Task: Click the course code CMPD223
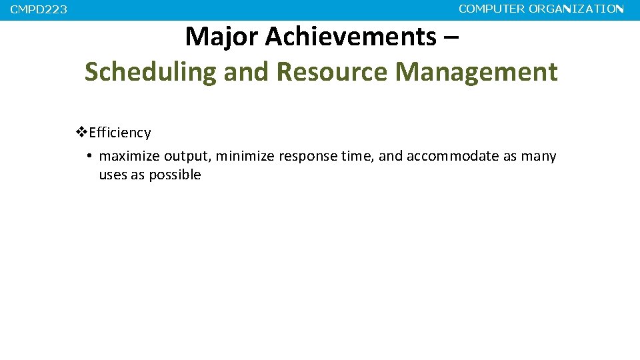click(x=39, y=10)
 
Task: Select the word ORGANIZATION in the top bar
click(x=576, y=9)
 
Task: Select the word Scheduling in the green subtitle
click(x=151, y=72)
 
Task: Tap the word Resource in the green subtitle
click(x=331, y=72)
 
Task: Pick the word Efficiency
click(x=120, y=133)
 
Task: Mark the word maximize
click(x=129, y=157)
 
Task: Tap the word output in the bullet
click(x=187, y=157)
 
